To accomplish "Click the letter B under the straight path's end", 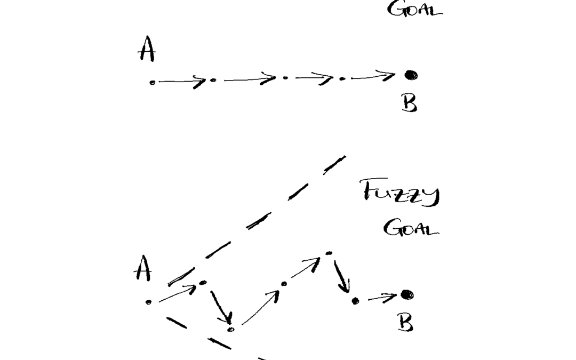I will point(409,102).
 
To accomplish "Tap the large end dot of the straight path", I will point(411,75).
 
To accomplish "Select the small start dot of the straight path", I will point(152,82).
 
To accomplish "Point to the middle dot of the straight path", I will point(285,78).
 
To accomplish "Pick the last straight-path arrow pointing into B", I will point(373,77).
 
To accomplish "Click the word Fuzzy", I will point(401,193).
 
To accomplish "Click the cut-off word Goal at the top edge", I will point(415,10).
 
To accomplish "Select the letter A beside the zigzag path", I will point(142,270).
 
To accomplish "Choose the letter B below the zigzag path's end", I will point(406,322).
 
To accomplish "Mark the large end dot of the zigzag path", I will point(407,294).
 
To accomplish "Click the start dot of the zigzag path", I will point(148,302).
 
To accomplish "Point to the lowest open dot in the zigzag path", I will point(230,329).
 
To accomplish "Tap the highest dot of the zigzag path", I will point(329,252).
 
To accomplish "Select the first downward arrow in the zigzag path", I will point(221,307).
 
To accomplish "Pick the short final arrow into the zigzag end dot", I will point(382,297).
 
